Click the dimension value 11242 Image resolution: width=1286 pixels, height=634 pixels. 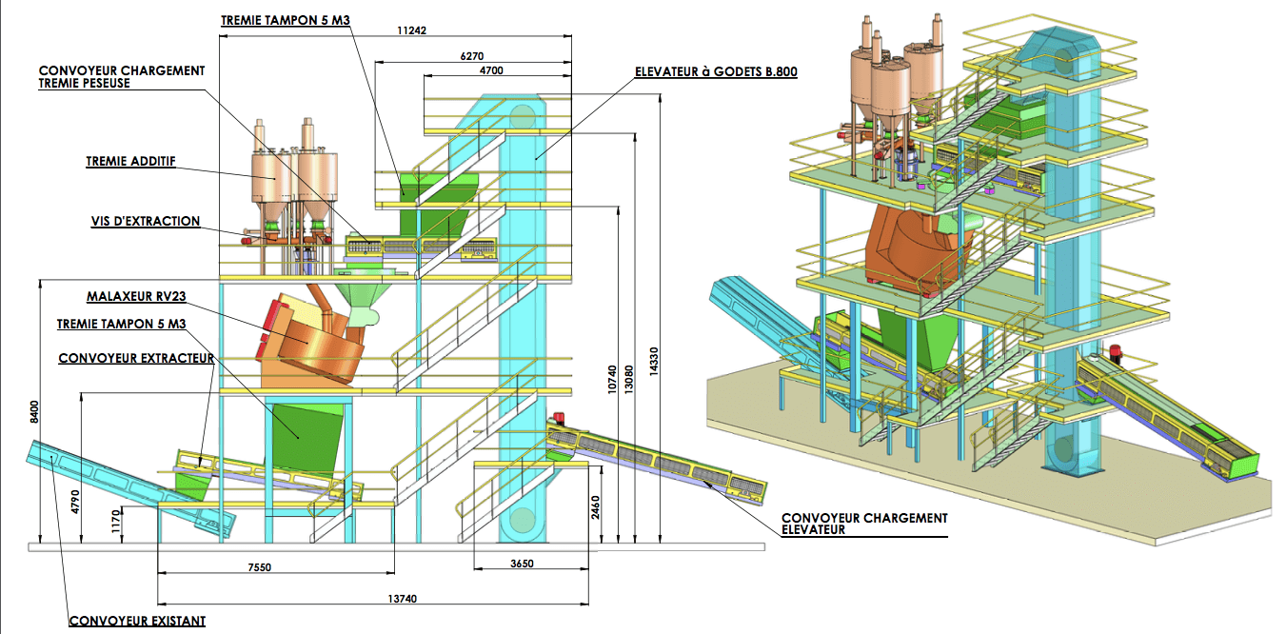[411, 30]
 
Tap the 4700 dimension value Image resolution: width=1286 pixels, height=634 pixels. [491, 70]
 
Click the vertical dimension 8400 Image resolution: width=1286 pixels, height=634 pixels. [35, 412]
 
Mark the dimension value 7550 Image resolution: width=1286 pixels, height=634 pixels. [259, 567]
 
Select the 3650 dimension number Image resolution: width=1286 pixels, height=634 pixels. [521, 564]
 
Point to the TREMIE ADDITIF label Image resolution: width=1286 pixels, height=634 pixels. [131, 162]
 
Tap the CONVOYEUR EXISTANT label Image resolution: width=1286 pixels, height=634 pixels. [137, 622]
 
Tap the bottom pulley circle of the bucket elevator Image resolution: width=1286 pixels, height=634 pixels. [522, 520]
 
